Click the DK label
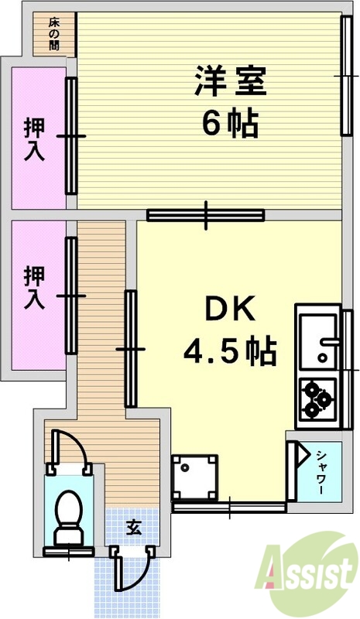[x=229, y=311]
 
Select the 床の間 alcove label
[x=53, y=34]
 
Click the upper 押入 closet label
[x=34, y=138]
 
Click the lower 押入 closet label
[x=34, y=288]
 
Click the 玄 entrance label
[x=133, y=528]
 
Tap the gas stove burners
[x=316, y=399]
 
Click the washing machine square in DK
[x=194, y=477]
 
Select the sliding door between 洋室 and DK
[x=206, y=215]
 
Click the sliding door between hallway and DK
[x=130, y=348]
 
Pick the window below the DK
[x=229, y=508]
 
